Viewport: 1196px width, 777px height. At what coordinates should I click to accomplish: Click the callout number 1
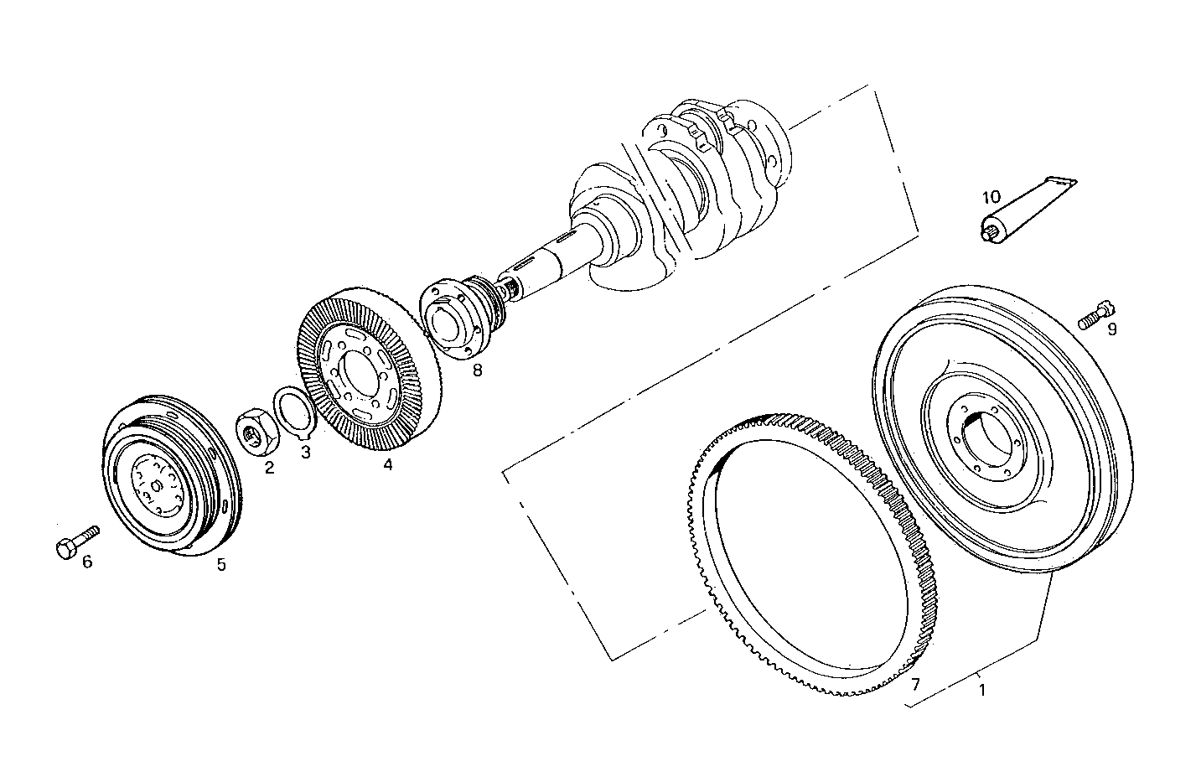pos(982,692)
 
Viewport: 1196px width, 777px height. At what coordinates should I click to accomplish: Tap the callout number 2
pos(269,468)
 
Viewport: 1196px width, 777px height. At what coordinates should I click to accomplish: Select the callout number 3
pos(305,453)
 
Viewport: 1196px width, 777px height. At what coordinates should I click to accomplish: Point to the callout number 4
pos(387,464)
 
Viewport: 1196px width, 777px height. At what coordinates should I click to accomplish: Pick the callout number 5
pos(221,564)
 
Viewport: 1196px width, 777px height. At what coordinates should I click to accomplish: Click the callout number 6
pos(86,562)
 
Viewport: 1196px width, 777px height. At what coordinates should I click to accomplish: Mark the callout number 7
pos(915,684)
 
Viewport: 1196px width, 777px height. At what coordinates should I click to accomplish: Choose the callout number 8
pos(477,369)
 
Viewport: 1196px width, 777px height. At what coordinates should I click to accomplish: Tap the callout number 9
pos(1111,329)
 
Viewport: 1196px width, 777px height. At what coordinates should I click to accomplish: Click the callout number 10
pos(991,198)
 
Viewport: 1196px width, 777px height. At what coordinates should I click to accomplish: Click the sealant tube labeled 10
pos(1023,209)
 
